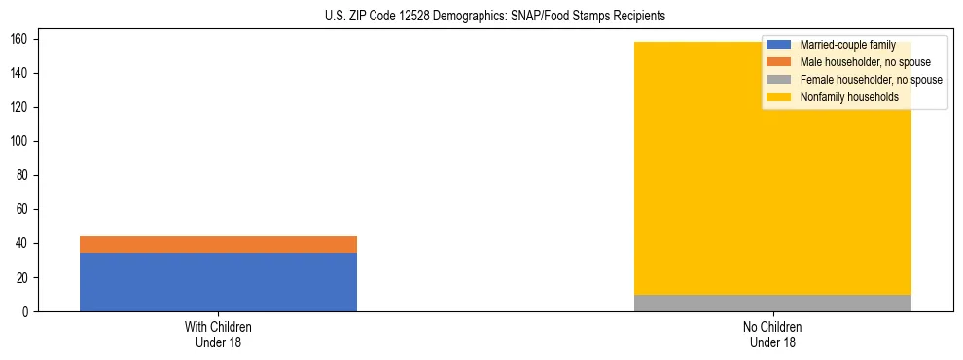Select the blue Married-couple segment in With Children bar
coord(218,282)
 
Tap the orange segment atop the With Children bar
coord(218,244)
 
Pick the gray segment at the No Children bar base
coord(772,303)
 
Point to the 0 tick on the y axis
coord(27,311)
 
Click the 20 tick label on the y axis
coord(24,277)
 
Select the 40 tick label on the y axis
coord(24,243)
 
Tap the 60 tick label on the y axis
coord(24,209)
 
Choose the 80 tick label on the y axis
coord(24,175)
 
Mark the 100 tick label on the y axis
coord(21,141)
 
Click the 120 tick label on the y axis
coord(21,107)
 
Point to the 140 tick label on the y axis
coord(21,73)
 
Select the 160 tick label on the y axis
coord(21,39)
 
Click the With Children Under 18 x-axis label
coord(218,334)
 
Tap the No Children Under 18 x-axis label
coord(772,334)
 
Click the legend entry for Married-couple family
coord(846,45)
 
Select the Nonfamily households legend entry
coord(842,97)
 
